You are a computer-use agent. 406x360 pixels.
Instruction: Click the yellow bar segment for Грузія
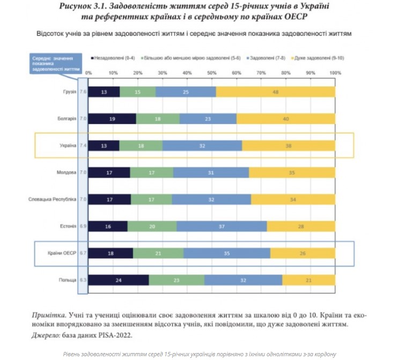pos(276,92)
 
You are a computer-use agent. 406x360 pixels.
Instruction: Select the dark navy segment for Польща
pos(119,280)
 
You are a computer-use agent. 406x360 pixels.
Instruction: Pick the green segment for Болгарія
pos(158,119)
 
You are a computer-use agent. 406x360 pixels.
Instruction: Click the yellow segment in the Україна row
pos(289,146)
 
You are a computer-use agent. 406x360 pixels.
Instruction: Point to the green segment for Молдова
pos(151,173)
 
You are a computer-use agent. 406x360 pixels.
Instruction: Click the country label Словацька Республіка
pos(52,200)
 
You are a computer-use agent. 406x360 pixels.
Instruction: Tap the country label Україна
pos(67,146)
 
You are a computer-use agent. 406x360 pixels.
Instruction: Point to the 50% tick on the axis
pos(212,72)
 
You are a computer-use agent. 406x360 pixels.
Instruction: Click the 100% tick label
pos(335,72)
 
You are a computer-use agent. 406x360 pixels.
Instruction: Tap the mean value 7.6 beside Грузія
pos(83,92)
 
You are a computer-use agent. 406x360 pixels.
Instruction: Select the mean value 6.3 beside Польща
pos(83,280)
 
